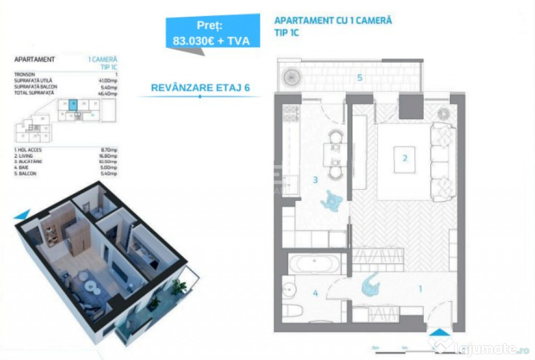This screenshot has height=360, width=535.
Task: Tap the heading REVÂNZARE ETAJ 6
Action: [200, 87]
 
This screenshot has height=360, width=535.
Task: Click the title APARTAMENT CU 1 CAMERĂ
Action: [333, 21]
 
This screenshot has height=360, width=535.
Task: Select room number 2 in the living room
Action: [404, 157]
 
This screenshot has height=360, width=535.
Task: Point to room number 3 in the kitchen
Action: [315, 180]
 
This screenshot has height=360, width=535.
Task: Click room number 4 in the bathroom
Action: [315, 293]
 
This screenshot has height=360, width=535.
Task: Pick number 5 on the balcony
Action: [359, 78]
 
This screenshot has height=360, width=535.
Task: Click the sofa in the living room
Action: [443, 161]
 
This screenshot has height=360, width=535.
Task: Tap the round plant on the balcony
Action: [291, 76]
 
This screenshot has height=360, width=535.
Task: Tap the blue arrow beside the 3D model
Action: [21, 214]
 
